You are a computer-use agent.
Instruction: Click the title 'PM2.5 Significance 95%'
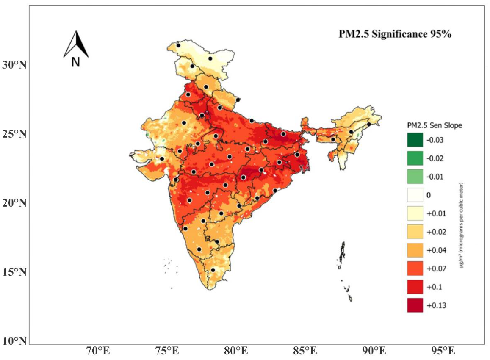395,34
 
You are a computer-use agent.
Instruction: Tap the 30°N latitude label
14,65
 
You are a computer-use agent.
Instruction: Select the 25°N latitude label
14,134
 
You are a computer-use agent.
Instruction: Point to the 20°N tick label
14,203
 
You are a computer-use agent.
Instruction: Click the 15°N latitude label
14,272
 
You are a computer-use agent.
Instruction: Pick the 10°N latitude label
14,341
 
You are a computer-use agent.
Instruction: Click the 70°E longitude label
98,351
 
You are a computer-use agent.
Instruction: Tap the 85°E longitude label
305,351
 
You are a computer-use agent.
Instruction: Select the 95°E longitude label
443,351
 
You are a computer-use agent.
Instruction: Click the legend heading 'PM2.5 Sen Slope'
435,125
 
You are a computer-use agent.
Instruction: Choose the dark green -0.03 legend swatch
415,140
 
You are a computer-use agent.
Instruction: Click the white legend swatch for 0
415,195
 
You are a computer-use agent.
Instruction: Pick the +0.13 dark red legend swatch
415,305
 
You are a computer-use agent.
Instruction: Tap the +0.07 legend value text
436,269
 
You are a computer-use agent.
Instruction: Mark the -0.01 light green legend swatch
415,177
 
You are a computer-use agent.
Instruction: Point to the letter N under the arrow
76,62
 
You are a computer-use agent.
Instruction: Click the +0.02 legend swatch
415,232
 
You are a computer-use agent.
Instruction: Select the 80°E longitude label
236,351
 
